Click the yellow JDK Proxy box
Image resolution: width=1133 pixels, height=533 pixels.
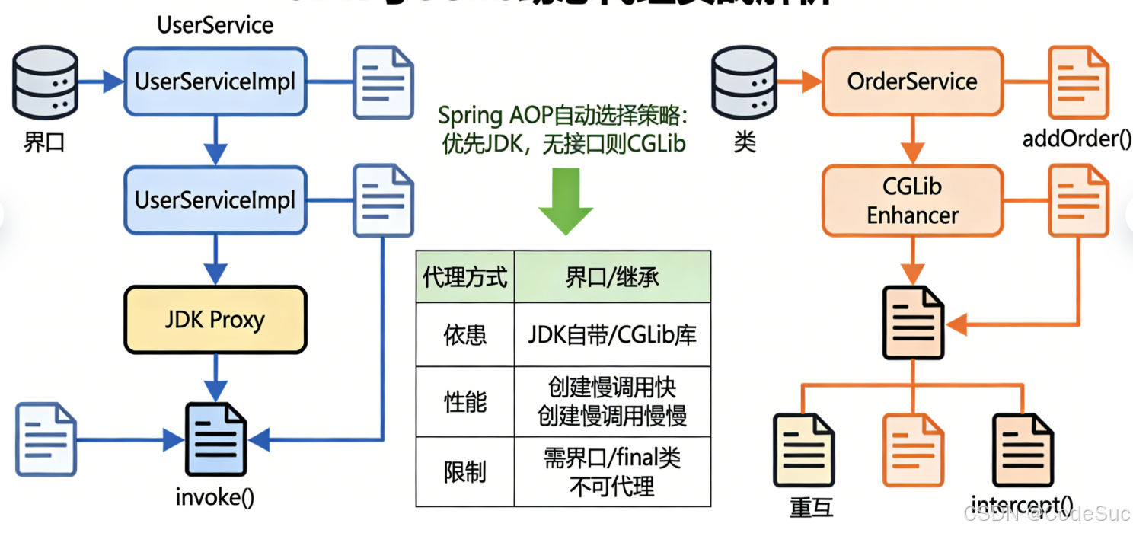[x=215, y=320]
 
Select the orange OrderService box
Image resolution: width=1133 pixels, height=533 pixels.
[x=912, y=81]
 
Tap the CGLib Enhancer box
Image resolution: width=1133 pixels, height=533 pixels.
[x=912, y=200]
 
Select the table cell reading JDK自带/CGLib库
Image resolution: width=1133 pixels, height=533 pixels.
[x=612, y=335]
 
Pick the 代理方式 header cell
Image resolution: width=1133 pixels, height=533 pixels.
[x=464, y=277]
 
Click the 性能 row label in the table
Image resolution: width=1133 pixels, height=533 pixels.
[x=464, y=402]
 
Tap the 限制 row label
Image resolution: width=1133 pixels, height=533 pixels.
[x=464, y=472]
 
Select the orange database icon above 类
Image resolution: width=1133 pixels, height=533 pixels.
[x=745, y=81]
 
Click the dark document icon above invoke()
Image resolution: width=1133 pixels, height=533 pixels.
[x=216, y=440]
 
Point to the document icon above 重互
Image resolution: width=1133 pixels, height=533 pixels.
[x=804, y=449]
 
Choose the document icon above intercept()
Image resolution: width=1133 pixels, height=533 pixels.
[x=1023, y=449]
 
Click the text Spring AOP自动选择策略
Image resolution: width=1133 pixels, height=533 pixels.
[x=563, y=116]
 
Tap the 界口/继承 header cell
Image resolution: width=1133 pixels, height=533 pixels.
[x=612, y=277]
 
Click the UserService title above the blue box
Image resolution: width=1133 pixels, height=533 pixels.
[x=215, y=25]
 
